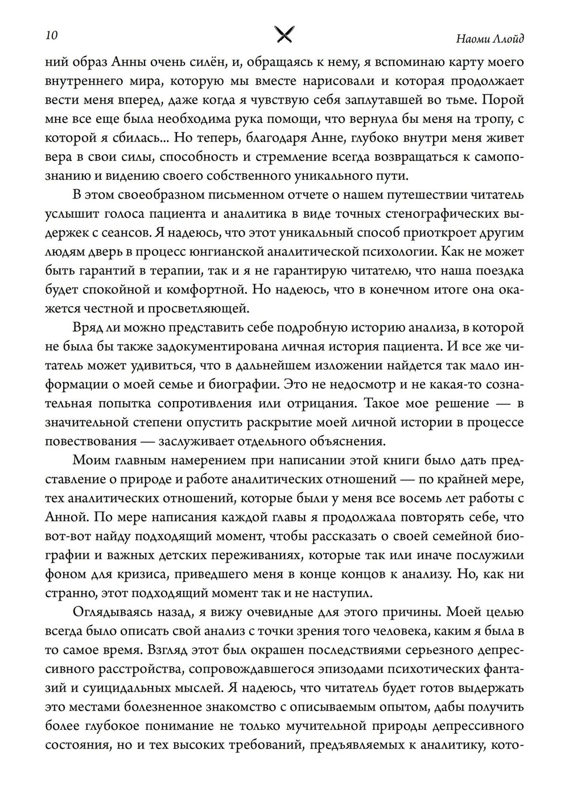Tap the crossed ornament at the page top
click(284, 35)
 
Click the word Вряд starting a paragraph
click(87, 328)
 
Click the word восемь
click(419, 499)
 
